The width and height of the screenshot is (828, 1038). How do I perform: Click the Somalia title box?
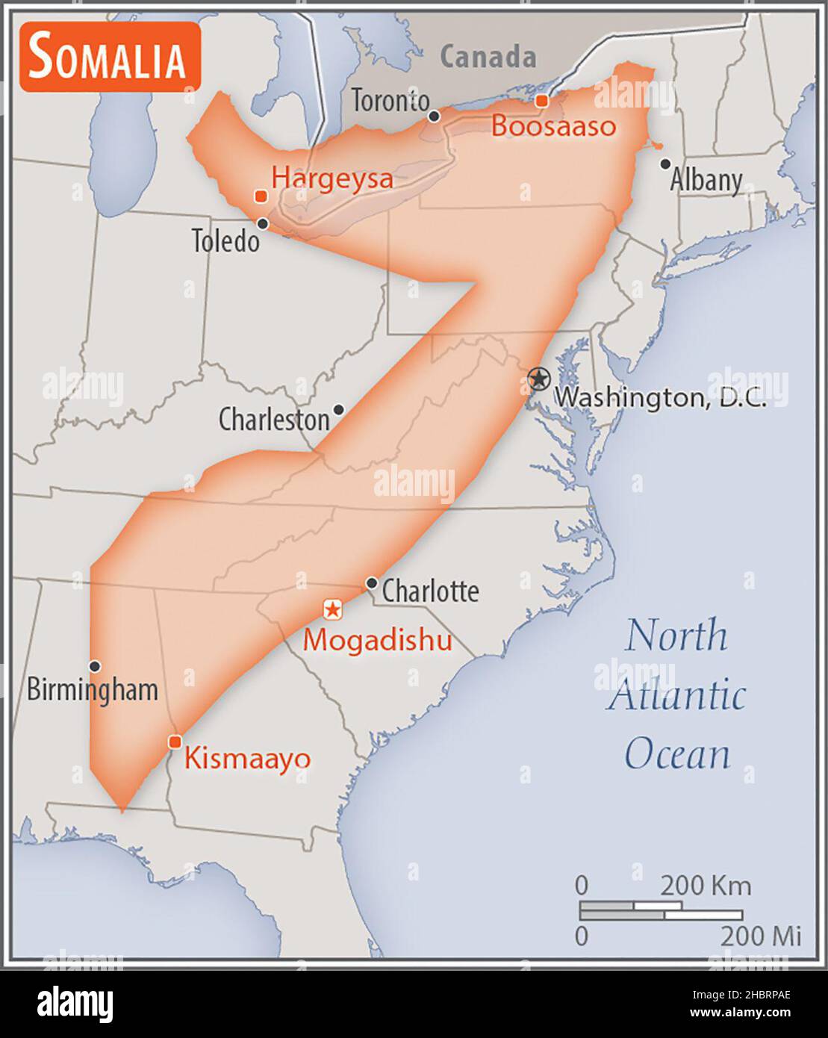pyautogui.click(x=110, y=58)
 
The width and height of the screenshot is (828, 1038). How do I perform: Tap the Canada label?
pyautogui.click(x=488, y=57)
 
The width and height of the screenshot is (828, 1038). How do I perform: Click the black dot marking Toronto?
pyautogui.click(x=434, y=116)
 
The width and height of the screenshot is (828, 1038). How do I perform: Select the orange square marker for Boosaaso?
pyautogui.click(x=542, y=101)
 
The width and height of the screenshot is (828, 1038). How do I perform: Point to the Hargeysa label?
pyautogui.click(x=331, y=178)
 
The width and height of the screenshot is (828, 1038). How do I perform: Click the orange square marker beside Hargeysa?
pyautogui.click(x=261, y=196)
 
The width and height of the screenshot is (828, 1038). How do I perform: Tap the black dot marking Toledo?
pyautogui.click(x=263, y=223)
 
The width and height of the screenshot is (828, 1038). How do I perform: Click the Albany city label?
pyautogui.click(x=706, y=180)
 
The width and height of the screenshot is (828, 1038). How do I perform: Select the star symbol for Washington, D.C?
pyautogui.click(x=538, y=379)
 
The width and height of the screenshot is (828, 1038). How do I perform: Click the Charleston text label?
pyautogui.click(x=273, y=420)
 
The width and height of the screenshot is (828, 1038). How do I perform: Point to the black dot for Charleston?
pyautogui.click(x=338, y=409)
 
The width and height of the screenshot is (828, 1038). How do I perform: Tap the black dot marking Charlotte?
pyautogui.click(x=371, y=582)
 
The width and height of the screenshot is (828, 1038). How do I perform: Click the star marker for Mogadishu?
pyautogui.click(x=332, y=609)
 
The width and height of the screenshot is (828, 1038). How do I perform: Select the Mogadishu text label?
pyautogui.click(x=377, y=641)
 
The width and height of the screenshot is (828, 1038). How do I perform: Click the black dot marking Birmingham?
pyautogui.click(x=95, y=666)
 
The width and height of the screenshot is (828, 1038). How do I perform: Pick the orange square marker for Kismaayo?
pyautogui.click(x=175, y=741)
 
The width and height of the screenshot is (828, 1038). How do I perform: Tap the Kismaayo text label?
pyautogui.click(x=247, y=759)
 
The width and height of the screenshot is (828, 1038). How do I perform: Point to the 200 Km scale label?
pyautogui.click(x=705, y=886)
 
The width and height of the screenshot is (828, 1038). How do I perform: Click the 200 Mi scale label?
pyautogui.click(x=760, y=936)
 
